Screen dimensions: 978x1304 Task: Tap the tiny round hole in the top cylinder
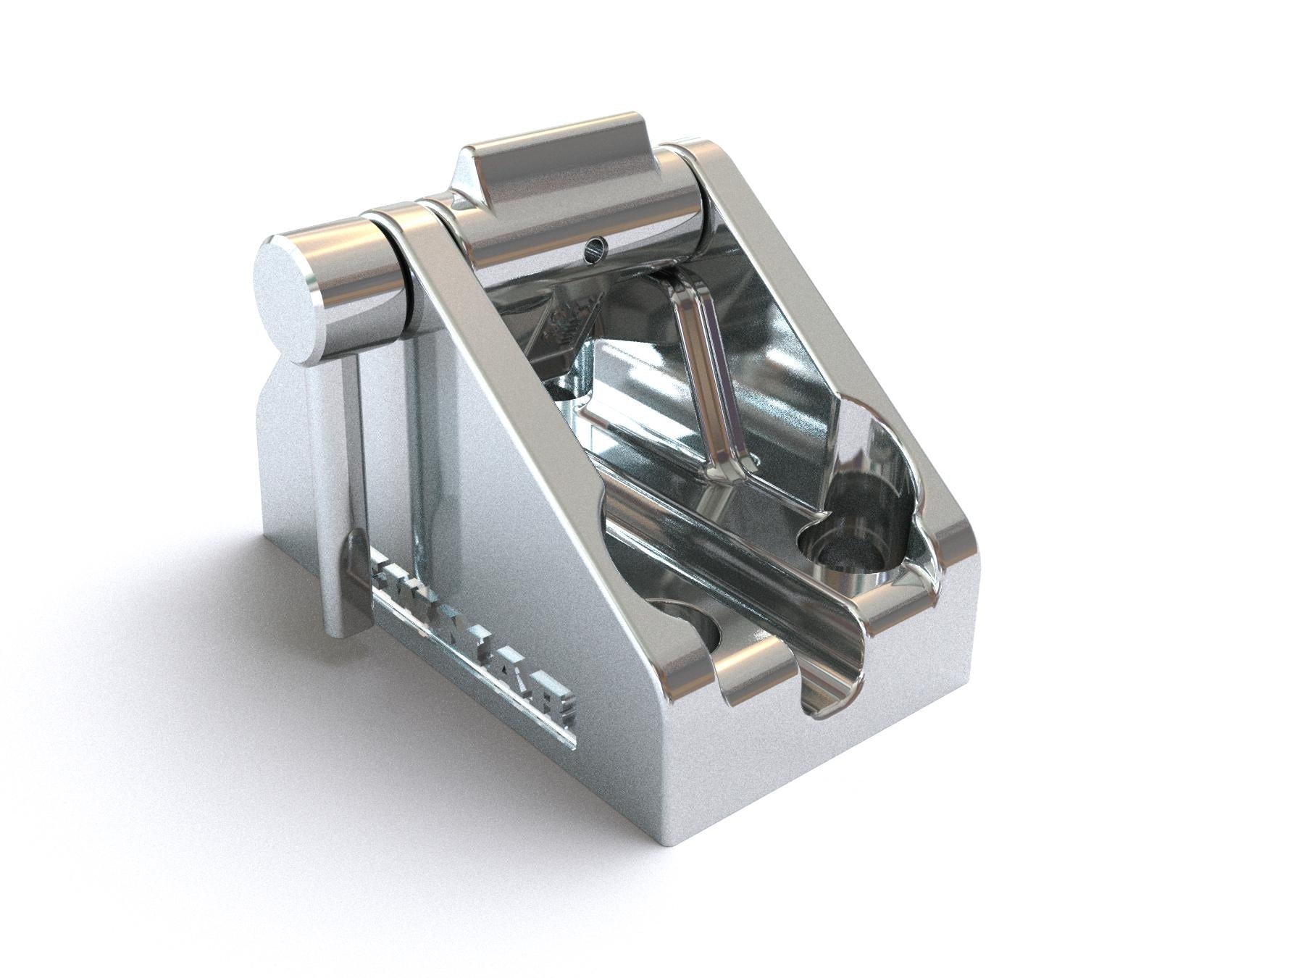[x=595, y=249]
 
